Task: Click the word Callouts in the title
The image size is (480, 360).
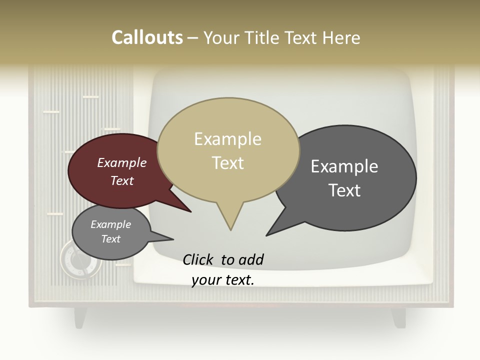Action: [147, 37]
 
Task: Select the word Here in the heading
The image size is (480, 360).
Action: [341, 37]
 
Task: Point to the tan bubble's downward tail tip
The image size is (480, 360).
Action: [230, 229]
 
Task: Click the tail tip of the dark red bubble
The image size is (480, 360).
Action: [190, 211]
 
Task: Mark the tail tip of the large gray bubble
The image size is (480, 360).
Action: [267, 235]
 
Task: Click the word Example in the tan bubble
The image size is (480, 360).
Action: [227, 139]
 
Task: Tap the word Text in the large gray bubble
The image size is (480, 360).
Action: [344, 190]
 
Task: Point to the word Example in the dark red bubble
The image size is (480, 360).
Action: [122, 162]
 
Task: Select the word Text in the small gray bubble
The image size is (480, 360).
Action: [111, 239]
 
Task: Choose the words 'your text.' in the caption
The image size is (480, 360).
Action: [223, 280]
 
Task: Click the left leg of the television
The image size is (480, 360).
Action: [80, 317]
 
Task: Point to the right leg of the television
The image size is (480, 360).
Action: [398, 317]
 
